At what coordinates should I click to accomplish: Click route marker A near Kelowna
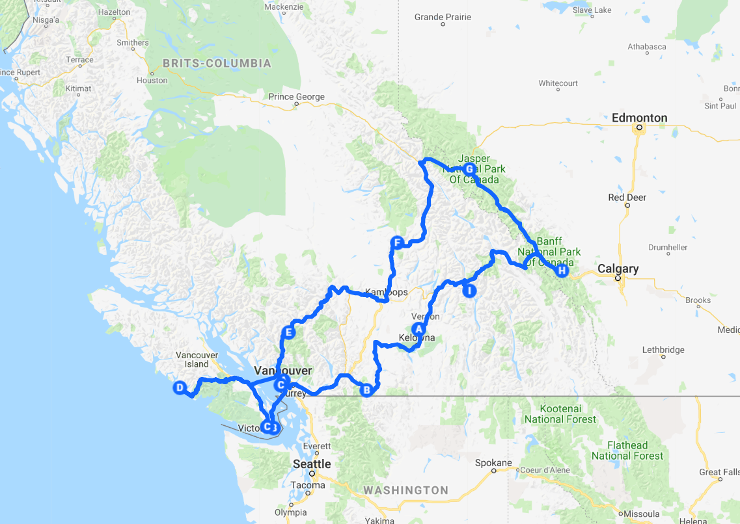point(418,329)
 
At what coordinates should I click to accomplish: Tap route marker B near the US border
point(366,390)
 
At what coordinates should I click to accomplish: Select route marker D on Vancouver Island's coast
point(179,388)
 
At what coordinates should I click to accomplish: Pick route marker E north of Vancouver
point(289,333)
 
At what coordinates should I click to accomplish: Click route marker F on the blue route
point(396,243)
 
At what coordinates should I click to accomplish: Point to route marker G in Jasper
point(469,169)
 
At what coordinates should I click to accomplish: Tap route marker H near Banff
point(562,270)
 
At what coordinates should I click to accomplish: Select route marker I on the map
point(469,291)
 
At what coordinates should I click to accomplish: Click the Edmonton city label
point(639,118)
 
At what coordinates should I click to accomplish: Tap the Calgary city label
point(618,269)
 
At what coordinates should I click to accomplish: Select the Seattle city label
point(312,464)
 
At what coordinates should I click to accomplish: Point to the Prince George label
point(297,97)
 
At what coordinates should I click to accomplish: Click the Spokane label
point(493,463)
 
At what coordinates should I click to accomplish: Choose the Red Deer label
point(627,198)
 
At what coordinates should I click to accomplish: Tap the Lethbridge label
point(663,350)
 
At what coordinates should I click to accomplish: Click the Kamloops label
point(387,292)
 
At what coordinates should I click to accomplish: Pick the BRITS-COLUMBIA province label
point(217,64)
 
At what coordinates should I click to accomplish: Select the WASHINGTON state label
point(405,490)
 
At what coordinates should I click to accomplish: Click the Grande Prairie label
point(443,17)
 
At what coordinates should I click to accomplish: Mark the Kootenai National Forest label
point(561,413)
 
